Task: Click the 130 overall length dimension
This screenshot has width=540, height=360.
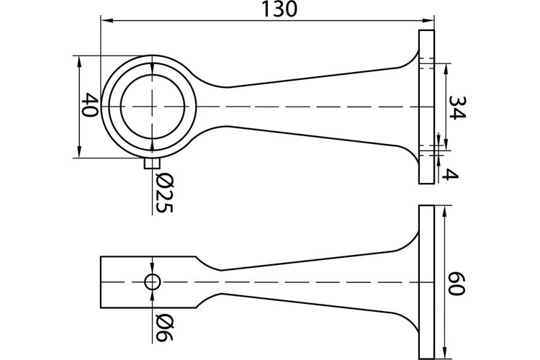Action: pos(279,9)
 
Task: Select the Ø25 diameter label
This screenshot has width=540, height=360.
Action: pos(164,192)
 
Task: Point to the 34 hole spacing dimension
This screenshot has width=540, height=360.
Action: pos(458,107)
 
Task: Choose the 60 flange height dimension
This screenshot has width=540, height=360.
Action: pos(456,283)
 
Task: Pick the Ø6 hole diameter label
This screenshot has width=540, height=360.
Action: pos(164,327)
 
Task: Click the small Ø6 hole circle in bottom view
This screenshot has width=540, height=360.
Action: pos(152,282)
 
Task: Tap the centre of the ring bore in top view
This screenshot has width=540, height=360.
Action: pos(152,107)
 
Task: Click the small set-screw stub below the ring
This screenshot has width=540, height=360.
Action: pos(152,163)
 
